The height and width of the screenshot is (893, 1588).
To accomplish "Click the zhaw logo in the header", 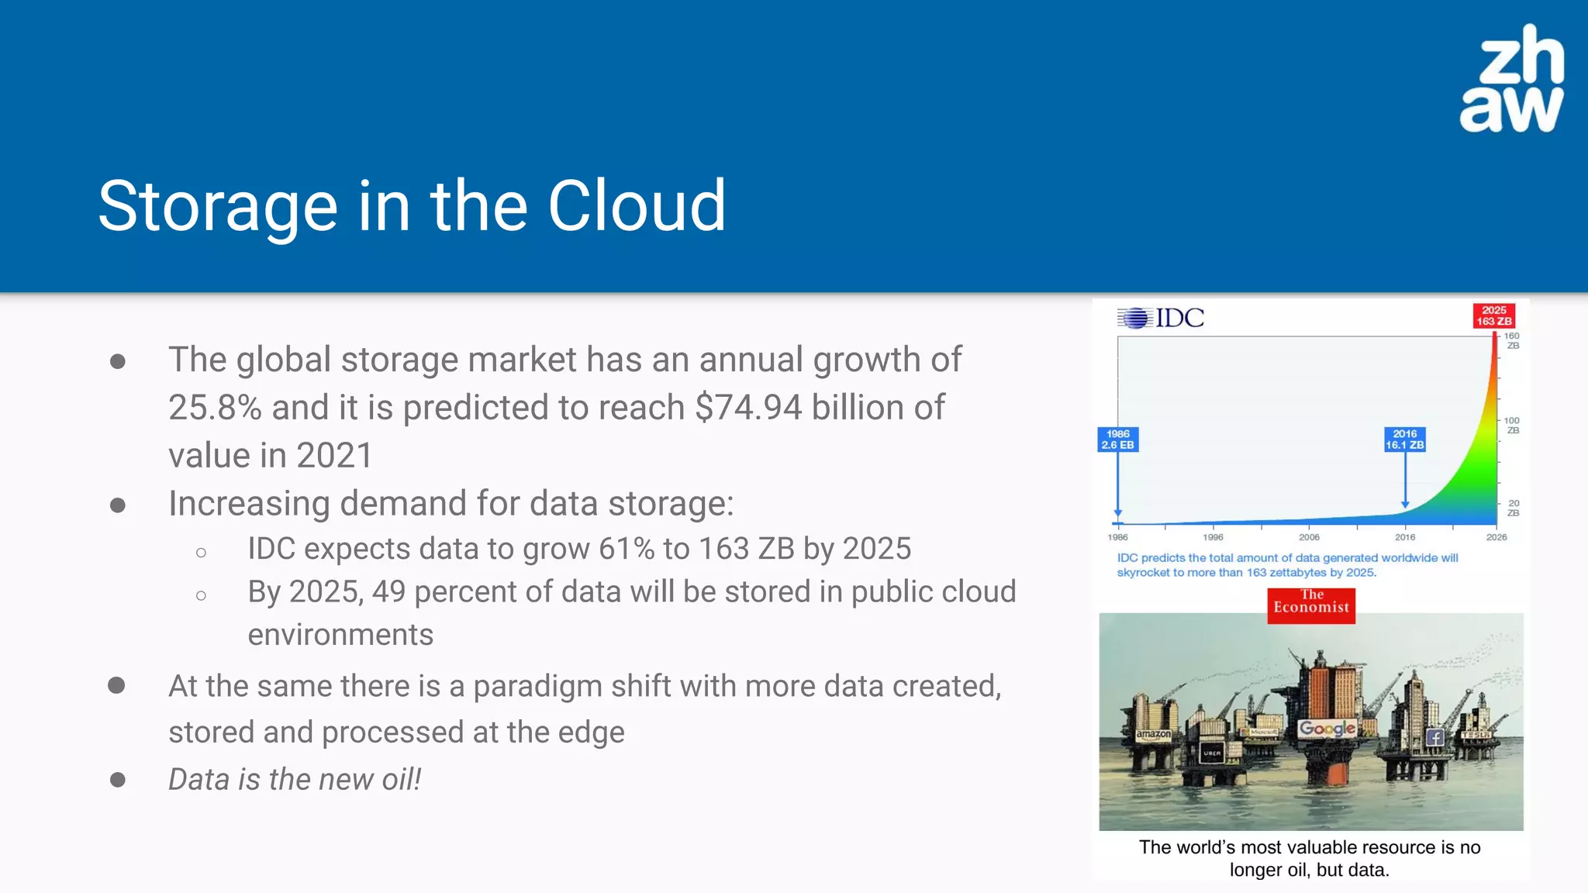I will [x=1512, y=79].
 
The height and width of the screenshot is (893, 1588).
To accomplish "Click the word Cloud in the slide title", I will [x=637, y=206].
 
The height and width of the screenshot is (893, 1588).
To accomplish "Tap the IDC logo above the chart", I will [x=1161, y=318].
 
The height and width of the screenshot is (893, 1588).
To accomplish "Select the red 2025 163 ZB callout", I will [x=1493, y=315].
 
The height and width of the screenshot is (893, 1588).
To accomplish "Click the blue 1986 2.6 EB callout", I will [x=1117, y=440].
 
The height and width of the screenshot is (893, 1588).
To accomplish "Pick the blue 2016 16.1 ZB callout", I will [x=1404, y=440].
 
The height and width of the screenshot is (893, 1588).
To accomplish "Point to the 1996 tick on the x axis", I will [x=1213, y=536].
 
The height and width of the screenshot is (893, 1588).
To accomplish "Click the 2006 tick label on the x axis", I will [x=1309, y=536].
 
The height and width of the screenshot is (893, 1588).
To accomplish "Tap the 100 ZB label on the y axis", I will [x=1511, y=425].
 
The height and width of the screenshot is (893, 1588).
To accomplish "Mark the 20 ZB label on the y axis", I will [x=1513, y=508].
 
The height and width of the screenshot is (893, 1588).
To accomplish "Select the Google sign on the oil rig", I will [x=1327, y=728].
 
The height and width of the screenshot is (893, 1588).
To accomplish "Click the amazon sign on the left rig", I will [x=1153, y=734].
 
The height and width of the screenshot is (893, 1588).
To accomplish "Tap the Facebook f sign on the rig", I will [x=1434, y=737].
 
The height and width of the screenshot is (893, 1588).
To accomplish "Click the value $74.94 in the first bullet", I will [x=748, y=408].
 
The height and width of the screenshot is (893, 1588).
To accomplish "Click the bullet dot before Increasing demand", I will [x=118, y=505].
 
